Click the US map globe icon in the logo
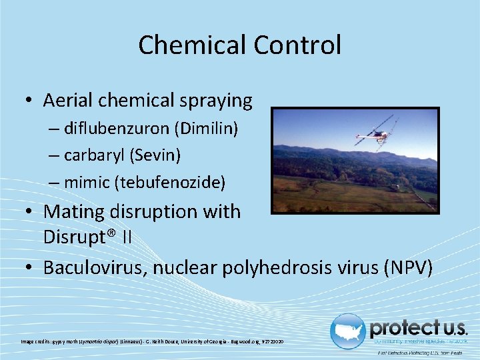[347, 331]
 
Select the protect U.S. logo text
[418, 328]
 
